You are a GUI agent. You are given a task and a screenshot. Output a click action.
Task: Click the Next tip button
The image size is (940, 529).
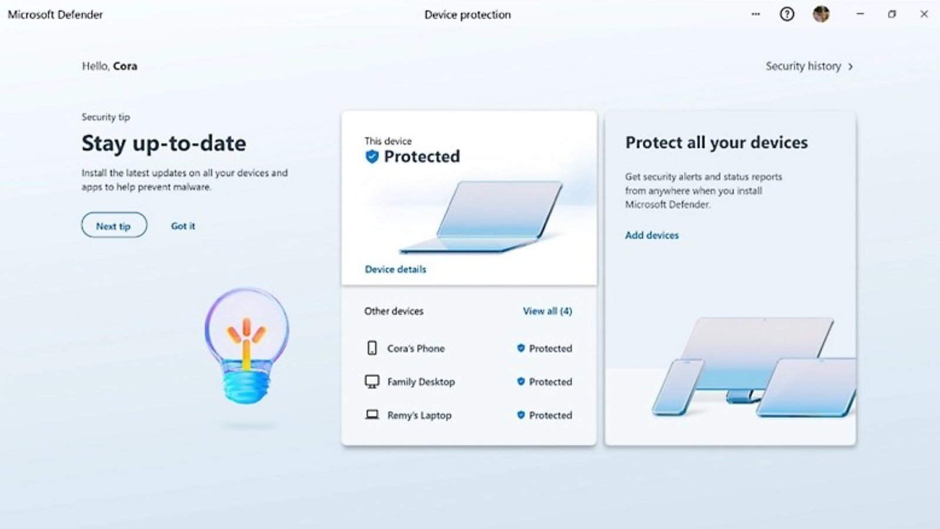tap(114, 225)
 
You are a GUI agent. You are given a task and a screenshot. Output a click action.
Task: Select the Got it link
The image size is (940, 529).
tap(183, 226)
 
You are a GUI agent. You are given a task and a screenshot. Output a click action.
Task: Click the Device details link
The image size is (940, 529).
tap(395, 269)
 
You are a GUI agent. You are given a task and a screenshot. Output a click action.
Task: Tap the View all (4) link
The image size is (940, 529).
tap(547, 311)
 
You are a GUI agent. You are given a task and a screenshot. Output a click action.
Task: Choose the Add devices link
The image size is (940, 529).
tap(652, 235)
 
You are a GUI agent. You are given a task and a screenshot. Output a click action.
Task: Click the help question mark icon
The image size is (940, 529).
tap(787, 14)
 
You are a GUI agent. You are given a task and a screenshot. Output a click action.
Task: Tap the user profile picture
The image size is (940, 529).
tap(821, 14)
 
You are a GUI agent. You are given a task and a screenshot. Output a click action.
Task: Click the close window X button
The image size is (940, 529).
tap(924, 14)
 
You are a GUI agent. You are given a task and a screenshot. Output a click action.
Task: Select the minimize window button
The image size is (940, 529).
tap(860, 14)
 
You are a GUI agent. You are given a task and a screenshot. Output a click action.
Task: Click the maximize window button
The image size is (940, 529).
tap(892, 14)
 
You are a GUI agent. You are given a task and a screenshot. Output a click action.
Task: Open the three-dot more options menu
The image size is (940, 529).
tap(756, 14)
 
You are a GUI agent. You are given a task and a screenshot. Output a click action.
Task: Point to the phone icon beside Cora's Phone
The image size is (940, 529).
tap(372, 348)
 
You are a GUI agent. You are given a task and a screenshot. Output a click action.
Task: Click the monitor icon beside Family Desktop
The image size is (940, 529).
tap(372, 381)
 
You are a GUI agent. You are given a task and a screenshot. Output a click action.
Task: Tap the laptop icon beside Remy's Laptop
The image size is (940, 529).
tap(372, 415)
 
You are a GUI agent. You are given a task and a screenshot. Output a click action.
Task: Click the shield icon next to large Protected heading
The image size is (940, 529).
tap(372, 156)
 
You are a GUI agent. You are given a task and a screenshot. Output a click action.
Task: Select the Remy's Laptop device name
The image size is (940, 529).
tap(419, 415)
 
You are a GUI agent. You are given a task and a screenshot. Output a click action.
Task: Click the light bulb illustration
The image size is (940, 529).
tap(247, 345)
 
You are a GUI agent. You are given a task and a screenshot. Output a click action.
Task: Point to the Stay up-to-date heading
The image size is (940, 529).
tap(164, 143)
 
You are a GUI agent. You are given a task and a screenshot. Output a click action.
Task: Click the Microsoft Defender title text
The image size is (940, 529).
tap(55, 15)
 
